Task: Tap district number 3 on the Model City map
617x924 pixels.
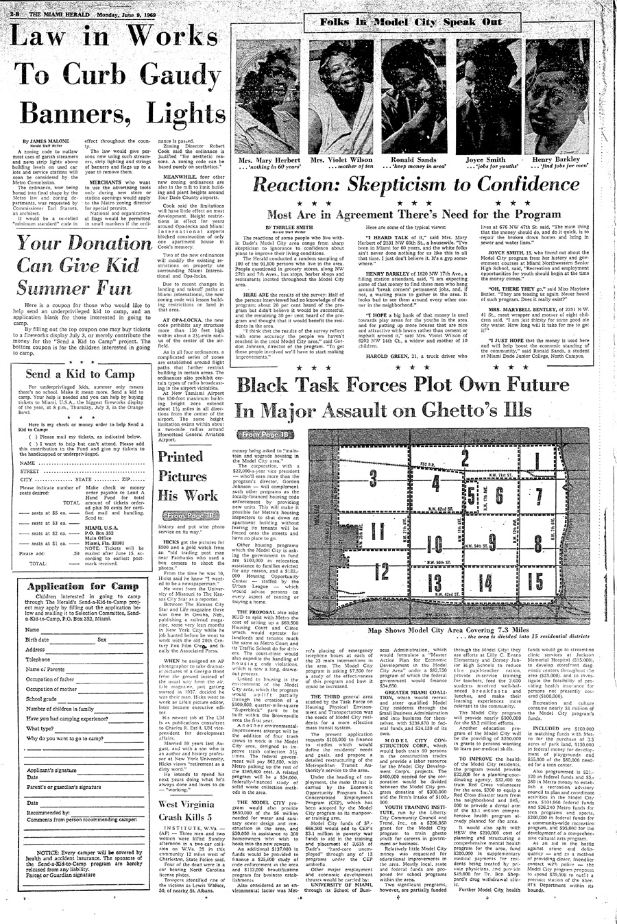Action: pyautogui.click(x=373, y=478)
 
